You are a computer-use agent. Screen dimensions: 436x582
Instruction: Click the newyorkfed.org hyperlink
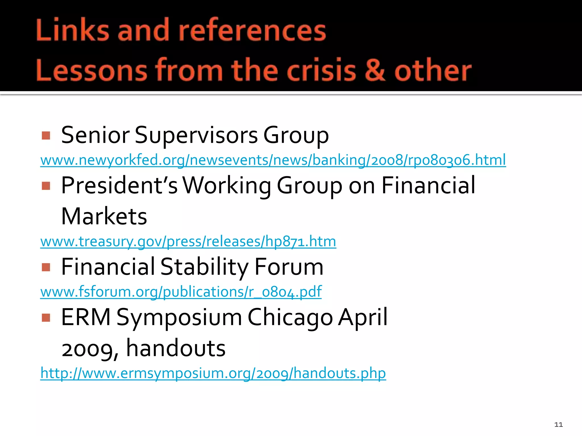(273, 160)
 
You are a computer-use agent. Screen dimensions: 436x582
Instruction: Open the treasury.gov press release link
(188, 242)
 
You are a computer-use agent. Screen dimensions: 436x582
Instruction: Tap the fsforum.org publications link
(181, 292)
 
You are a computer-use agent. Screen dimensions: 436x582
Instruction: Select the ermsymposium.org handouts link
(213, 373)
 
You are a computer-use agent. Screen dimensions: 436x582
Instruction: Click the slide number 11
(558, 425)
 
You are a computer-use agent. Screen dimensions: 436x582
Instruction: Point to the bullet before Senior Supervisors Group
(46, 135)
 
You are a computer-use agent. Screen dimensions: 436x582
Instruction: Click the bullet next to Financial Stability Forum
(46, 267)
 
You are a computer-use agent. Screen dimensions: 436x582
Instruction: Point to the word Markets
(104, 216)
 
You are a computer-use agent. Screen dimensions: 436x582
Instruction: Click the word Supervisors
(196, 135)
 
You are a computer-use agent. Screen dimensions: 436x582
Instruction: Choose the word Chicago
(290, 317)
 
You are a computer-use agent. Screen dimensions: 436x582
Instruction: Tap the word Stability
(205, 267)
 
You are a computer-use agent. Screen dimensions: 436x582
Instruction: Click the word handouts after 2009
(176, 348)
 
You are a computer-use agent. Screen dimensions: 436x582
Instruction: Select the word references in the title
(252, 30)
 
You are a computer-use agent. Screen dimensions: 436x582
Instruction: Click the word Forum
(289, 267)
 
